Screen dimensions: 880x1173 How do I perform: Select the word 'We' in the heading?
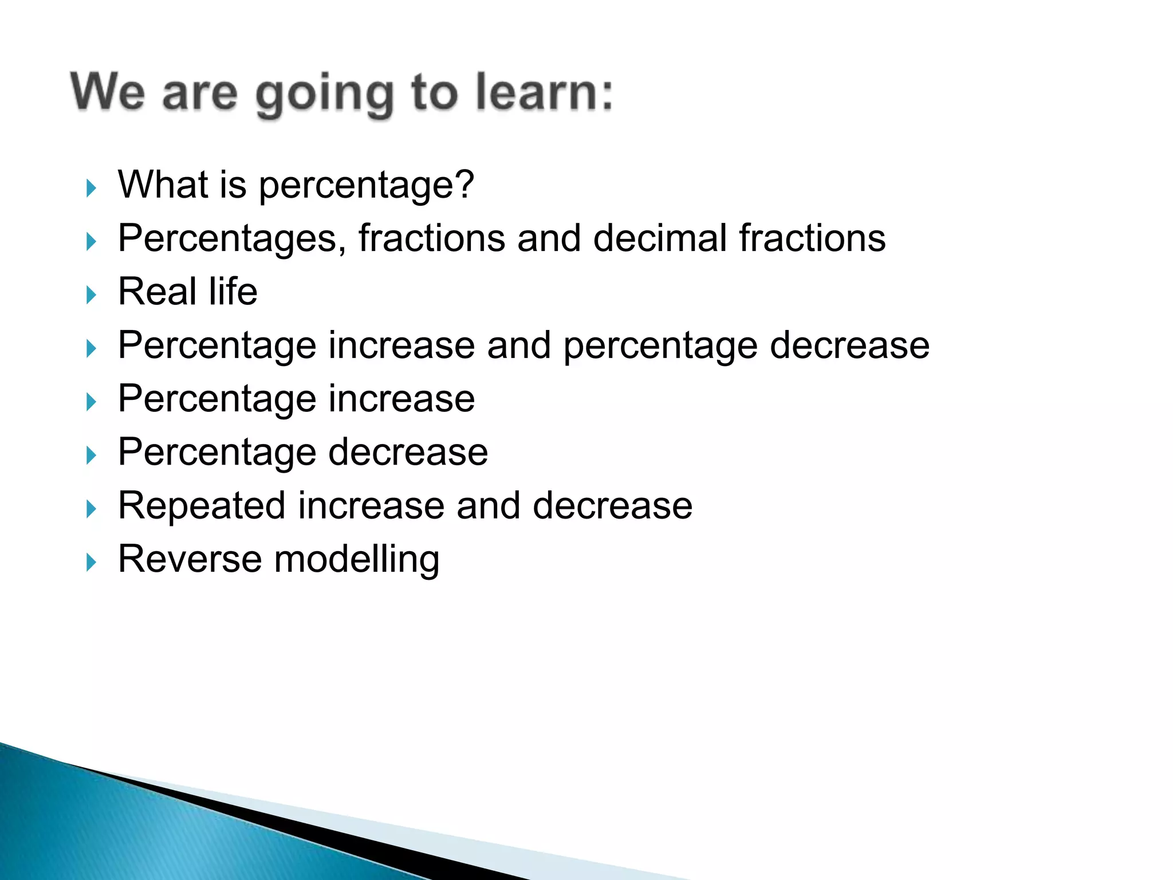(x=108, y=92)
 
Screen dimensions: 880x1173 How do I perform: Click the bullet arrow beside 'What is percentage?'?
(x=91, y=188)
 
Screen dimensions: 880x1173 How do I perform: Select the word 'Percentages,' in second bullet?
(x=232, y=239)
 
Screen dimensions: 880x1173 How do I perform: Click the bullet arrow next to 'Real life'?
(x=91, y=295)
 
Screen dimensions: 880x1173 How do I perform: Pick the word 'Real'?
(x=157, y=292)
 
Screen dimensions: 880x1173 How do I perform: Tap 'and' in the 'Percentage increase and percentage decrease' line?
(x=519, y=345)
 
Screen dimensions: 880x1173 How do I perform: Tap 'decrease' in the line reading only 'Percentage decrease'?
(x=408, y=452)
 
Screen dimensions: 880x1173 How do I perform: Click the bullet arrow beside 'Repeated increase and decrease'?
(x=91, y=509)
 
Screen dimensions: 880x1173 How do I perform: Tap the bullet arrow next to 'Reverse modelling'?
(x=91, y=562)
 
